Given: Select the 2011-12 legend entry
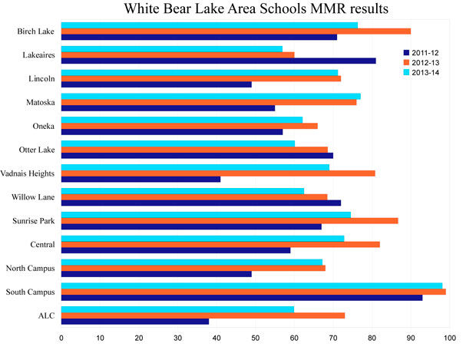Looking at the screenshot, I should coord(422,52).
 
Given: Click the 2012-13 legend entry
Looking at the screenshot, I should coord(422,62).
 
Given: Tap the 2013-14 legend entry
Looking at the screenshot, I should coord(422,72).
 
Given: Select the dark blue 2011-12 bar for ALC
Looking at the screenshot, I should coord(135,321).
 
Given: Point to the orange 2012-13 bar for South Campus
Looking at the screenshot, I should coord(253,292).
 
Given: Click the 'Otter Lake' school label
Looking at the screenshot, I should coord(36,149).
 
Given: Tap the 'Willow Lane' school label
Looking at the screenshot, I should coord(33,197).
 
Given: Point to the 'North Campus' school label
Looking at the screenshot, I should coord(31,268).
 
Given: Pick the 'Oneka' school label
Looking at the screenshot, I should coord(43,125).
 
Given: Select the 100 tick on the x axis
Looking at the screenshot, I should coord(450,337).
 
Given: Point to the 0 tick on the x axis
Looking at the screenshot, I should coord(61,337).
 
